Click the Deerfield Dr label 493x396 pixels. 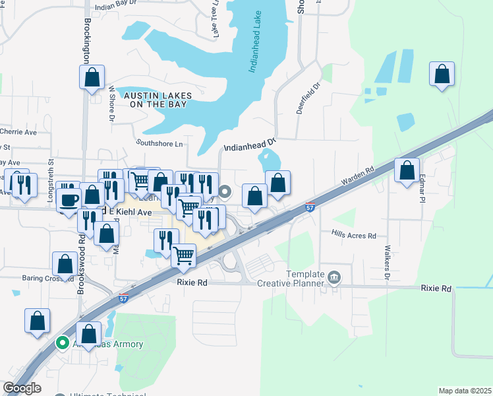(x=308, y=98)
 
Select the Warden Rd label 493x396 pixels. (x=358, y=175)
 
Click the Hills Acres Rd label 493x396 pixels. (x=353, y=235)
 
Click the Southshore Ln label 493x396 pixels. (x=159, y=143)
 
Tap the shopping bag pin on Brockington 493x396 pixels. (x=92, y=77)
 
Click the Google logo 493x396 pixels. (x=22, y=388)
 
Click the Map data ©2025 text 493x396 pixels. (x=465, y=391)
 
